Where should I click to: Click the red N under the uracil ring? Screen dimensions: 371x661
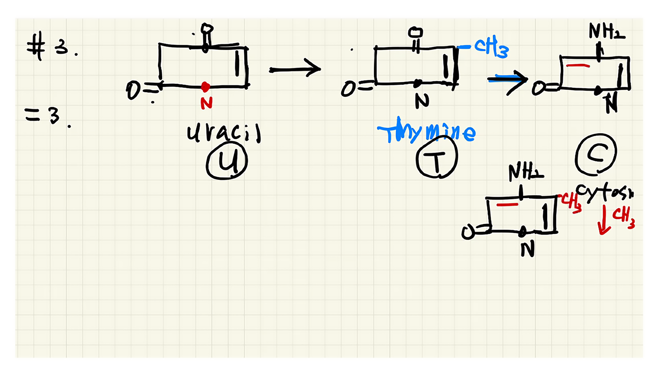pos(207,103)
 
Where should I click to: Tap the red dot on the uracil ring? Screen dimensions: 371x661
pos(205,87)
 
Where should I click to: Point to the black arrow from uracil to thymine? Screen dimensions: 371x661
pos(295,69)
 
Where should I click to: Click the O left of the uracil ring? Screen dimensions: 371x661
pos(133,90)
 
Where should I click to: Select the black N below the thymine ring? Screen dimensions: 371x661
pos(422,101)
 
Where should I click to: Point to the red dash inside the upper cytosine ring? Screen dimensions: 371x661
pos(578,66)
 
